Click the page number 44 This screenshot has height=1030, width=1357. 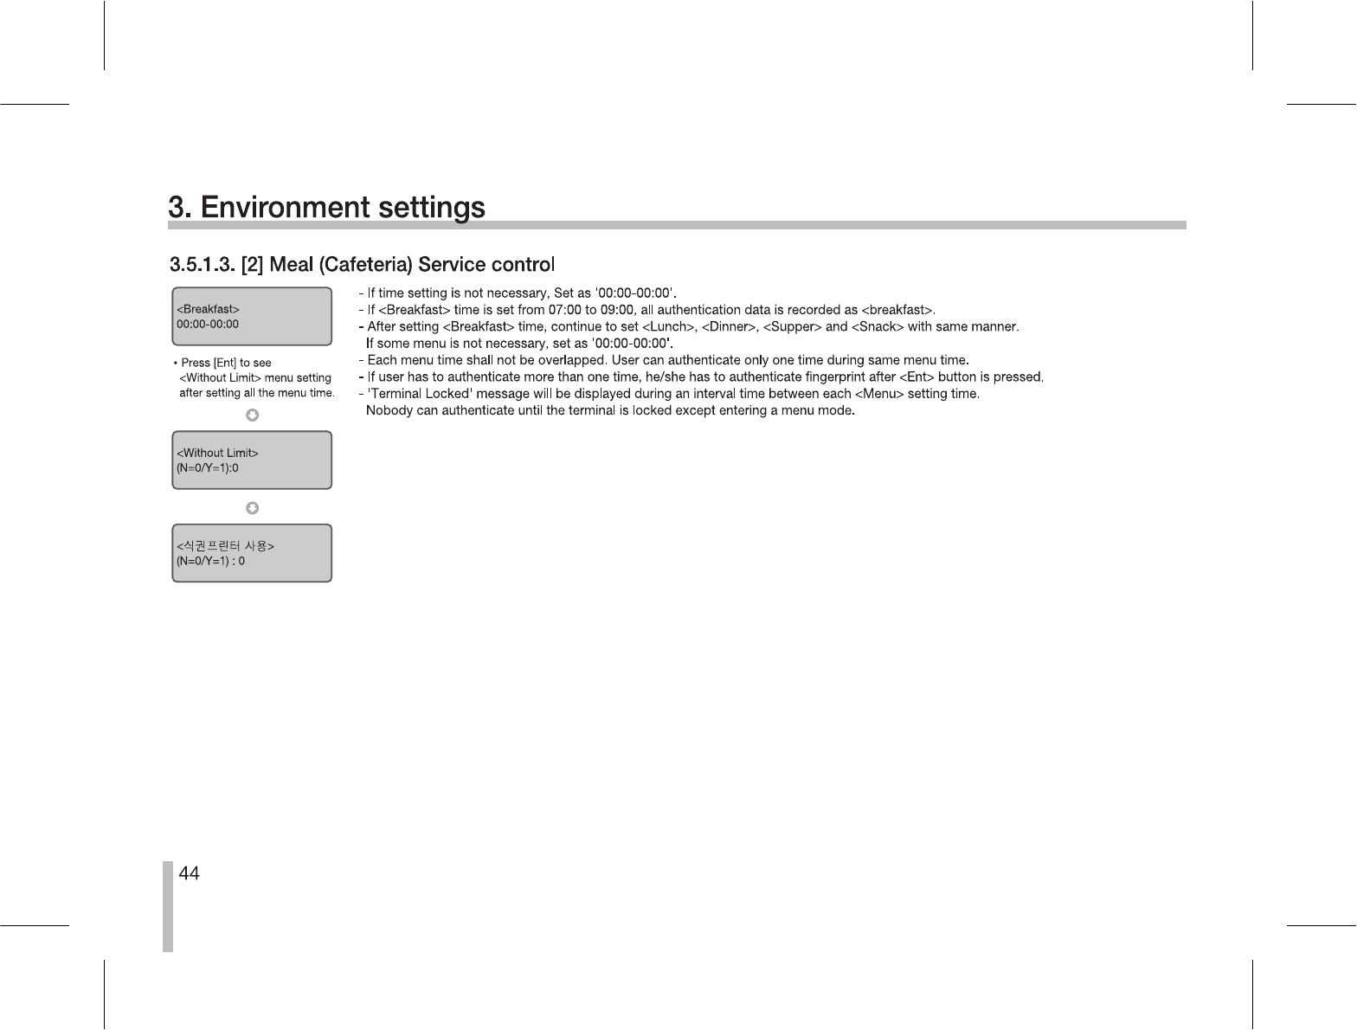pos(189,874)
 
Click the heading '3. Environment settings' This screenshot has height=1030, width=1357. pos(326,208)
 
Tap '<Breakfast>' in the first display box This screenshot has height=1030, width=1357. pos(208,309)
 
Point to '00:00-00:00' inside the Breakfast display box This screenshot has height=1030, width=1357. pos(208,325)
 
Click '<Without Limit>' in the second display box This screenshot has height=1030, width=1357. pos(217,453)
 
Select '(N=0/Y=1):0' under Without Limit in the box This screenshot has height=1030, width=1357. pos(208,468)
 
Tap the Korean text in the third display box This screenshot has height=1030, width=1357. pos(225,546)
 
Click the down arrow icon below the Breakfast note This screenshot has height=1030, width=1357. pos(252,415)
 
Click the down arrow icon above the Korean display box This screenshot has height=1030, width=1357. pos(252,507)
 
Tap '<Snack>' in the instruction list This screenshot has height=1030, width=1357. pos(878,327)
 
